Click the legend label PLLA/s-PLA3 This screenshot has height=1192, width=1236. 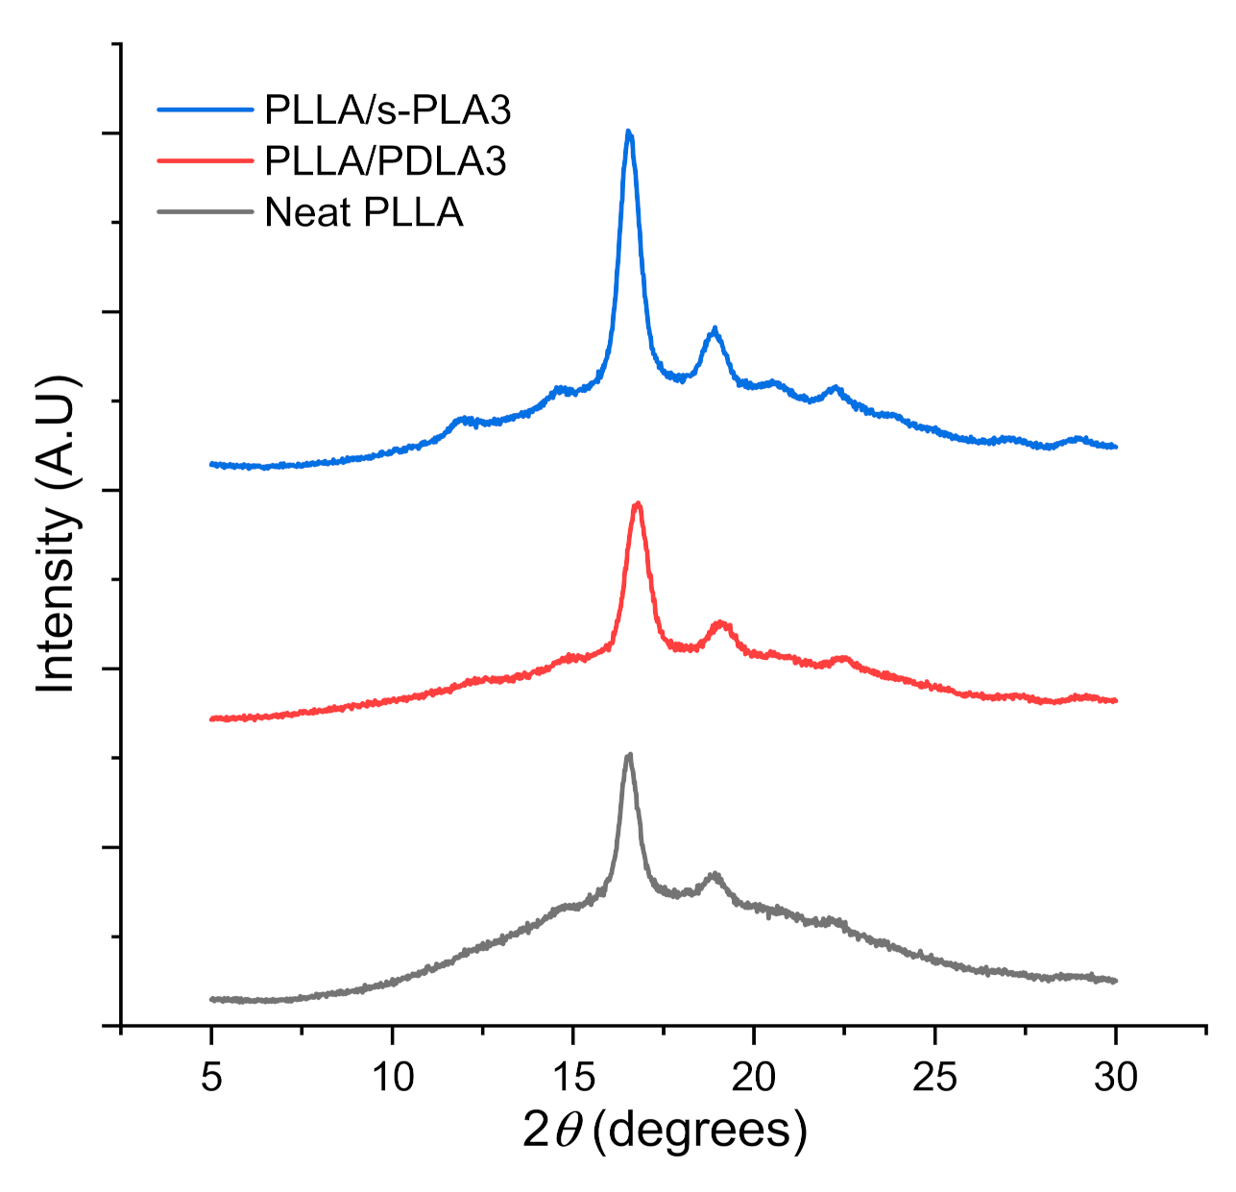coord(388,110)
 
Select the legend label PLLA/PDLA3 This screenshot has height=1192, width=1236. coord(385,161)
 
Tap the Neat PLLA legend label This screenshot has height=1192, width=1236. coord(364,212)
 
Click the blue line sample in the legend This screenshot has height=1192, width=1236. coord(206,109)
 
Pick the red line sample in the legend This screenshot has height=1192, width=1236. coord(206,160)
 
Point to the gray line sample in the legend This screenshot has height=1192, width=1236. coord(206,211)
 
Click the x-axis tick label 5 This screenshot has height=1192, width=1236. coord(211,1077)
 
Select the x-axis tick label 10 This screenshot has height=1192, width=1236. coord(392,1077)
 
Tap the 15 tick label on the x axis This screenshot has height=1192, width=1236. coord(573,1077)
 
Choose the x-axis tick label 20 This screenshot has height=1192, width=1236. coord(754,1077)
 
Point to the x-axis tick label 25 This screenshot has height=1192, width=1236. coord(934,1077)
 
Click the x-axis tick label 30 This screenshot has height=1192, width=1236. coord(1116,1077)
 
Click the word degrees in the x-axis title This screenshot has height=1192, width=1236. coord(700,1131)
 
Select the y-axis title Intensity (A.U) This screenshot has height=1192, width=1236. coord(57,534)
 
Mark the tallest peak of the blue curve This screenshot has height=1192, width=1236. coord(628,132)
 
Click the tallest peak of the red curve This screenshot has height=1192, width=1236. coord(637,503)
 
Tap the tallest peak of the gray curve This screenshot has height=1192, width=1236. coord(629,755)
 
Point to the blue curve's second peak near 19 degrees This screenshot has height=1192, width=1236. coord(714,329)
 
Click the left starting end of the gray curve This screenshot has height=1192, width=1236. coord(211,999)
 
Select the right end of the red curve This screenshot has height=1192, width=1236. coord(1116,700)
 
